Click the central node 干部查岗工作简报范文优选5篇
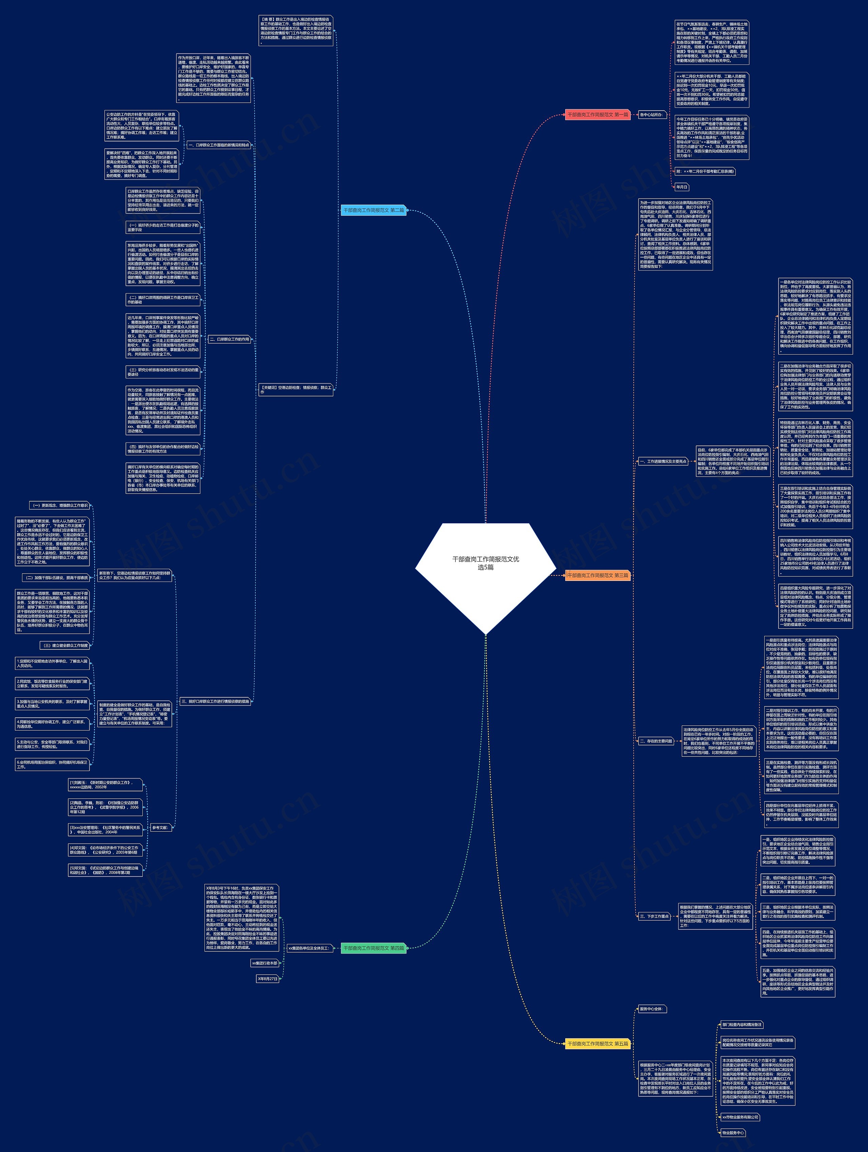[x=486, y=563]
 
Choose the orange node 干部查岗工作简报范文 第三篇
[x=597, y=575]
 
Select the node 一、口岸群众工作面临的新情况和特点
[x=219, y=145]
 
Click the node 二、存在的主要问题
[x=656, y=740]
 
